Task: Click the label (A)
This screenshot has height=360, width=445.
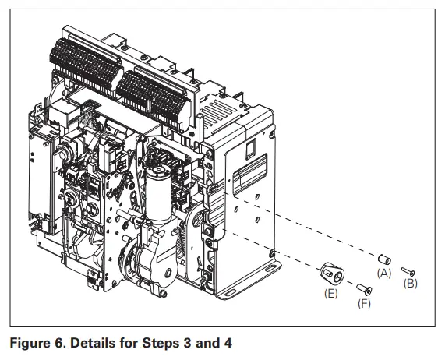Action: coord(383,273)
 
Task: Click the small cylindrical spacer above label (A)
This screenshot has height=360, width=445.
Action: coord(383,258)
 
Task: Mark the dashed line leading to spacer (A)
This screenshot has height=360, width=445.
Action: coord(312,225)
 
